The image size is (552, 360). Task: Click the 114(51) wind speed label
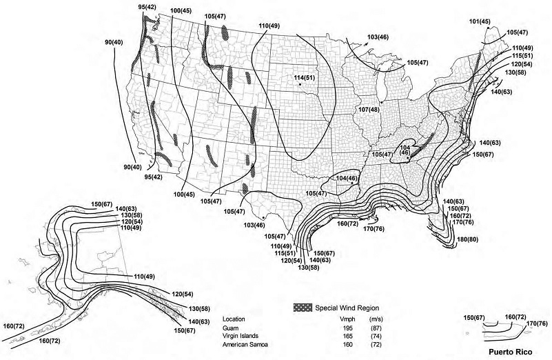pyautogui.click(x=305, y=77)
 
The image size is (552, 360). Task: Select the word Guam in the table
pyautogui.click(x=231, y=328)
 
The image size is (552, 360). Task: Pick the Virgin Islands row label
pyautogui.click(x=241, y=336)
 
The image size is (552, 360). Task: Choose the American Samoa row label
pyautogui.click(x=245, y=344)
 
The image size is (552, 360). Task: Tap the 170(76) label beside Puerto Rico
pyautogui.click(x=536, y=323)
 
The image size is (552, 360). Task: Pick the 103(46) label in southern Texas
pyautogui.click(x=254, y=225)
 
